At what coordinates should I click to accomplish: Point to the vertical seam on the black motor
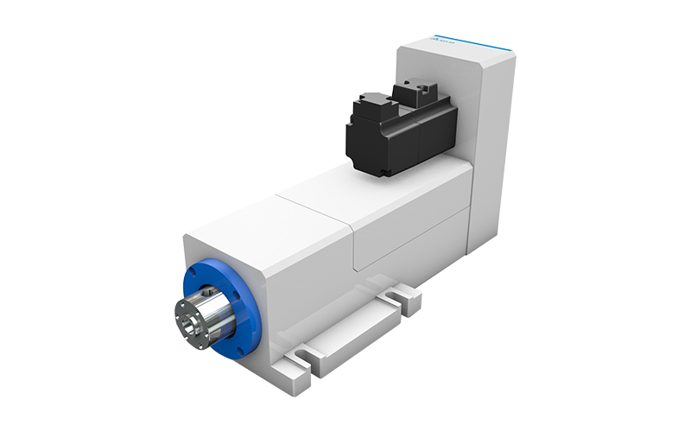417,138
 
